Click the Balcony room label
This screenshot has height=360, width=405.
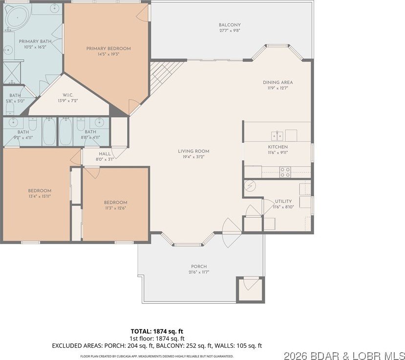[x=230, y=25]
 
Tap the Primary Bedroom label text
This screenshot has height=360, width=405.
[x=108, y=48]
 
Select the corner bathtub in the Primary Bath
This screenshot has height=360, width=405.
[x=17, y=18]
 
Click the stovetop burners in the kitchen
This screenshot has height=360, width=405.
[x=285, y=172]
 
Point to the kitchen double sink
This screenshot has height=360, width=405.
[x=277, y=136]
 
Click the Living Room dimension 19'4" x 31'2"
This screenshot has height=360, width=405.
[x=193, y=157]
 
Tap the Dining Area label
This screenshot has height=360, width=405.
[x=278, y=83]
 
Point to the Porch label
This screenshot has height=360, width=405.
[x=199, y=267]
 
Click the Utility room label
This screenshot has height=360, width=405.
[x=283, y=201]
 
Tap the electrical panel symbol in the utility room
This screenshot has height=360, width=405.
[x=250, y=186]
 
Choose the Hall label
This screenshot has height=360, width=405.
[x=105, y=154]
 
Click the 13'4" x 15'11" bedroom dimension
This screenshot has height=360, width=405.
[x=40, y=196]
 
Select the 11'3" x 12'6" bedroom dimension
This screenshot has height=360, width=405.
[x=115, y=208]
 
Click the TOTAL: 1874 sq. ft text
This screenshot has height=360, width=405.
[x=157, y=331]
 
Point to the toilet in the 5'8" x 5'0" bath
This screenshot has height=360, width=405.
[x=10, y=109]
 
